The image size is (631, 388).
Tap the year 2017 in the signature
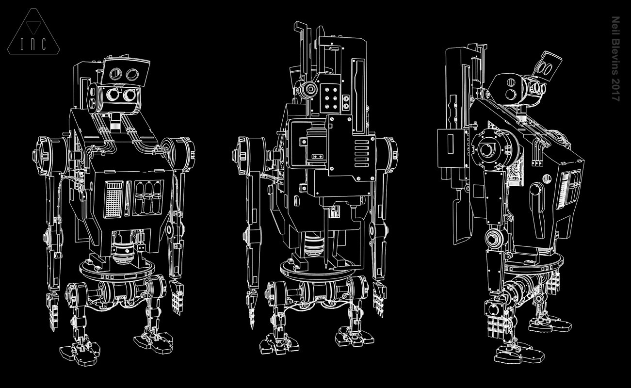(616, 90)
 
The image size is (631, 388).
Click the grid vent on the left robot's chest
(113, 199)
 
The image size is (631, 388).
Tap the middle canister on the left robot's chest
(148, 197)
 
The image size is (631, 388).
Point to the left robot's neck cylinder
(115, 121)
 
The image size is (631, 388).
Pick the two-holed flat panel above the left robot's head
(125, 72)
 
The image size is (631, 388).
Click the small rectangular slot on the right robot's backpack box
(451, 144)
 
